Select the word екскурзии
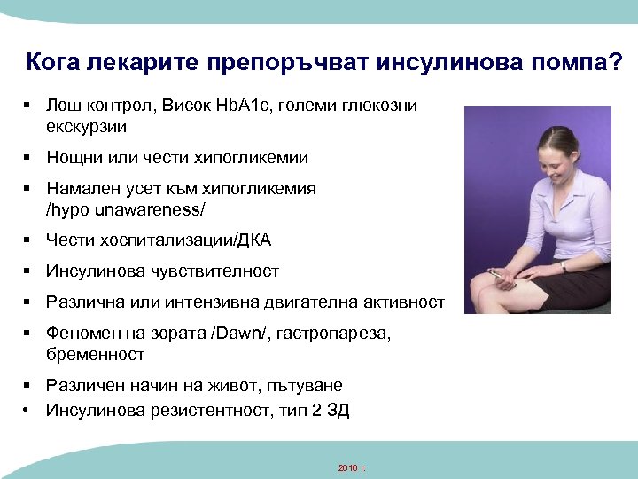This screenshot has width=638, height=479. pos(86,127)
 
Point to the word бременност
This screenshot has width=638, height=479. pos(95,354)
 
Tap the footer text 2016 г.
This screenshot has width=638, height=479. pos(352,467)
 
